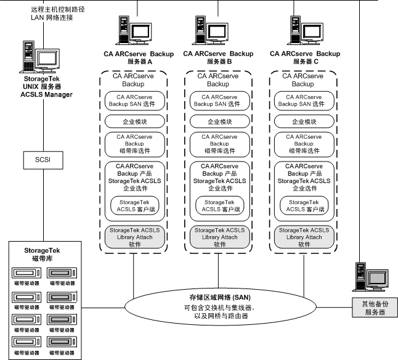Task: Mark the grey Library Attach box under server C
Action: tap(303, 237)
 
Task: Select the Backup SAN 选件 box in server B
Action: tap(217, 100)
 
